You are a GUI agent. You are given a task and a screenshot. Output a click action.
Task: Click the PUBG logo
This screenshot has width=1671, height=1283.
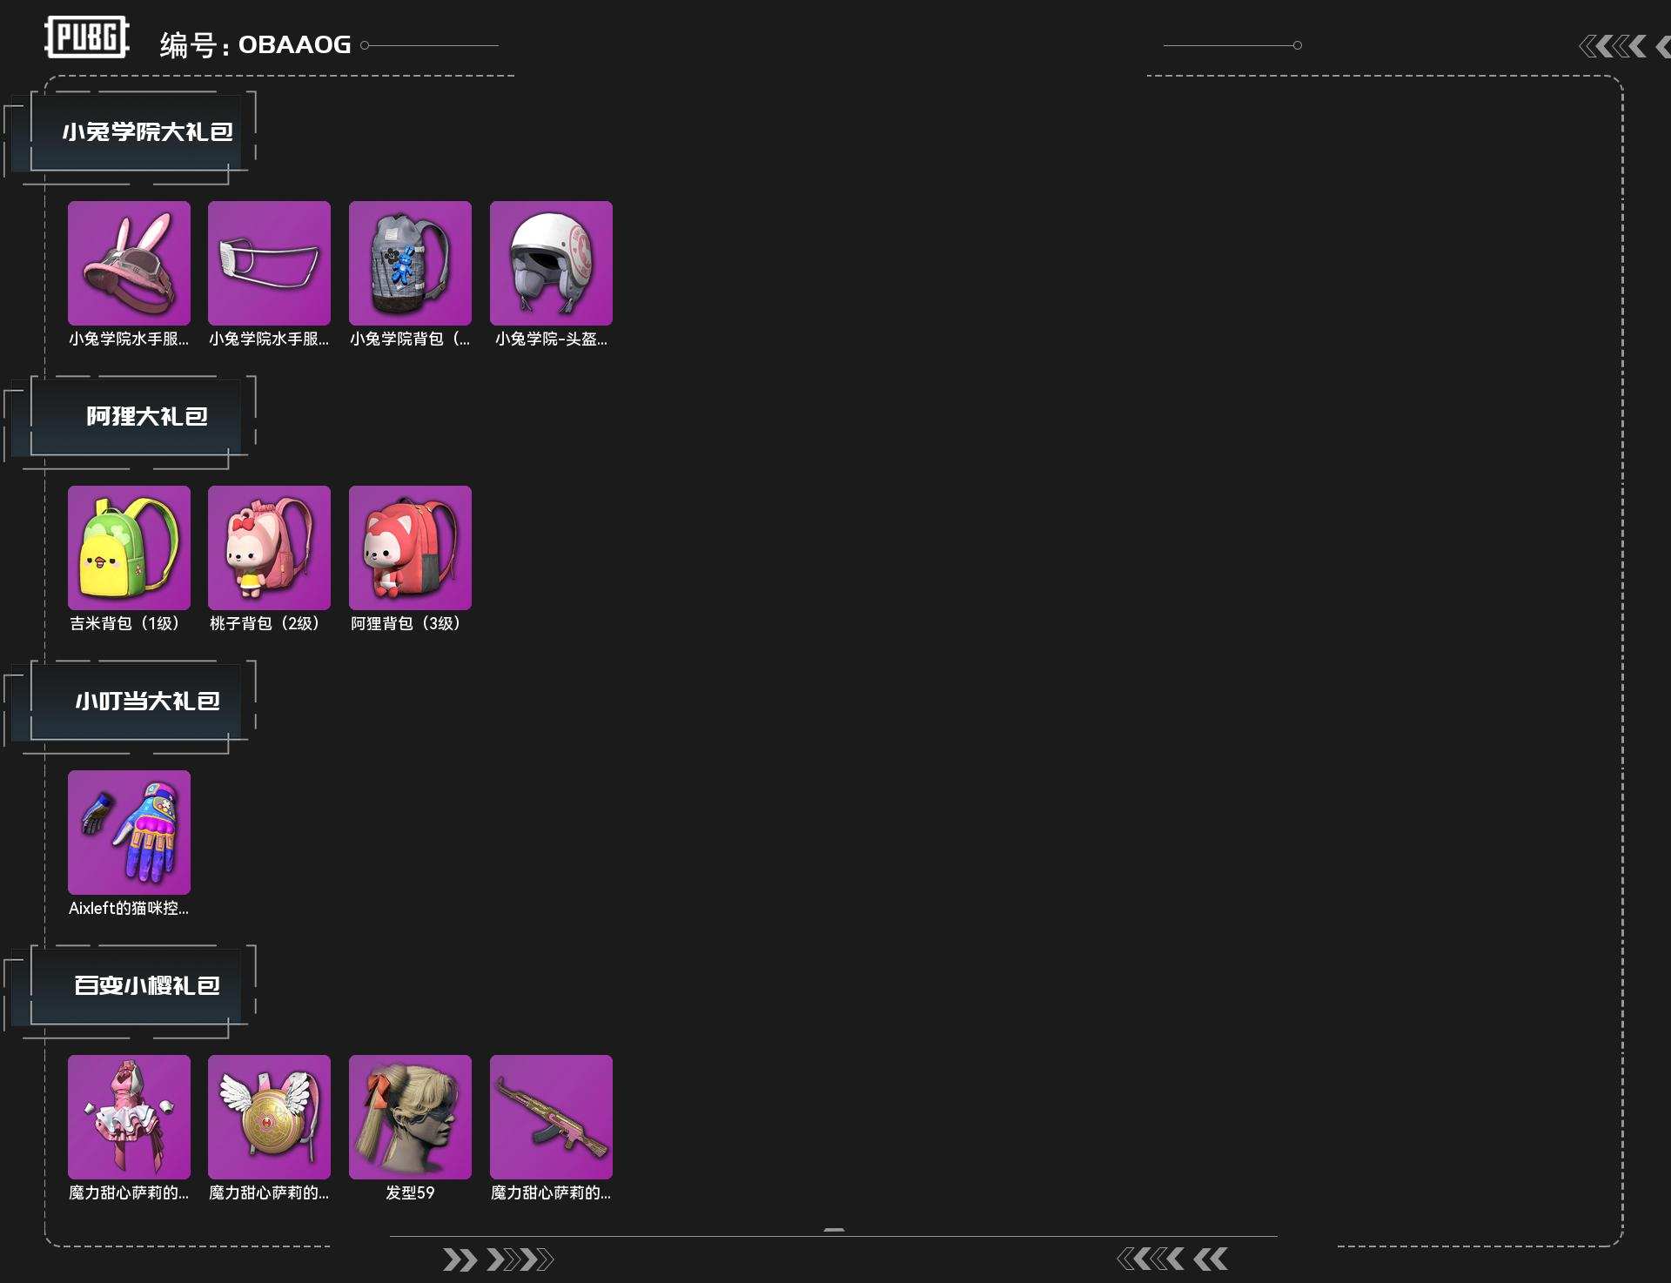point(87,37)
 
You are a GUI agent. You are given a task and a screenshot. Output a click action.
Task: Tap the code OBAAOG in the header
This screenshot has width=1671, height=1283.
point(294,44)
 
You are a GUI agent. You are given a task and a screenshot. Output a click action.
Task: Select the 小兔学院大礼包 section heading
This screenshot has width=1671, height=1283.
point(146,131)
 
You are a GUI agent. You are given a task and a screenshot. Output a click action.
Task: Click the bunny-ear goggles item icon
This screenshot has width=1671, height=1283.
point(129,263)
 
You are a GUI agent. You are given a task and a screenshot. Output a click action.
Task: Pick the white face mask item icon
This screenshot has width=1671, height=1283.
point(269,263)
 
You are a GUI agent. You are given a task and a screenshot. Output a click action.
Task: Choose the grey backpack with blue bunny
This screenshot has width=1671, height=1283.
point(410,263)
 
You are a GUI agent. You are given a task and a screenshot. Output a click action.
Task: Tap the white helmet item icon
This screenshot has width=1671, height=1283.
point(551,263)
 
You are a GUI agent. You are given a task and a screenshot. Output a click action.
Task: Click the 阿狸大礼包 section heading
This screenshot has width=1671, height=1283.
point(146,416)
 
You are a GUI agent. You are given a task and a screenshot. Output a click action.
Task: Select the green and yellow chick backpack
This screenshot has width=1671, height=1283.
point(129,547)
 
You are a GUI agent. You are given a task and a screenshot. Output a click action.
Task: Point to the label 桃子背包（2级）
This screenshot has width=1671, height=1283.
point(265,623)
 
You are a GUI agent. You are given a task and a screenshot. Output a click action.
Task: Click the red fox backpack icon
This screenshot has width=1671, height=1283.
point(410,547)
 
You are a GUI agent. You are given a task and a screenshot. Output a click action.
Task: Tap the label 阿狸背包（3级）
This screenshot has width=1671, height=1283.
point(406,623)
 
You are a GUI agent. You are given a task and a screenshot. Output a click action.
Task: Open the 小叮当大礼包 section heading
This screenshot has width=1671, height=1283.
point(146,701)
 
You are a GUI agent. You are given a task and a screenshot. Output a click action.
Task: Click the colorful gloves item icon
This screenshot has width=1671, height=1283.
point(129,832)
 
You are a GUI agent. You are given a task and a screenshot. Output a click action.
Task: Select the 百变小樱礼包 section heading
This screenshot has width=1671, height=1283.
point(146,985)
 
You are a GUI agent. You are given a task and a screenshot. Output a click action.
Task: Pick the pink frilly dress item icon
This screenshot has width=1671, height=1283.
point(129,1117)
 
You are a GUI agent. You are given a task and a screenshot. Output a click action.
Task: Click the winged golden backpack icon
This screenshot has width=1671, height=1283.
point(269,1117)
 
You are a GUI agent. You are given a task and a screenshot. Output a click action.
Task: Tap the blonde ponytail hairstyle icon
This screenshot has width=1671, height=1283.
point(410,1117)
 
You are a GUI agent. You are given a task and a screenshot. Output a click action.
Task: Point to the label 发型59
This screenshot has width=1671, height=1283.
point(410,1192)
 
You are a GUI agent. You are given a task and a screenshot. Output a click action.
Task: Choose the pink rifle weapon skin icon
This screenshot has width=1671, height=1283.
point(551,1117)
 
